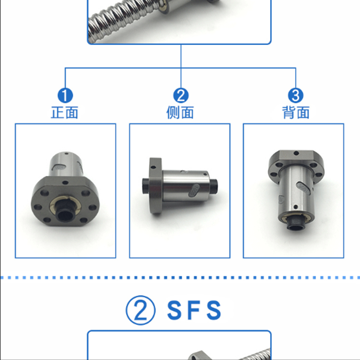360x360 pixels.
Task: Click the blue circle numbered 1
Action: [x=65, y=95]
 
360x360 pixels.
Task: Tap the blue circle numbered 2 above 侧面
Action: [x=181, y=95]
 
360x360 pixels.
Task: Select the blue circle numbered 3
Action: [x=296, y=95]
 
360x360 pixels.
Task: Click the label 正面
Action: [x=64, y=112]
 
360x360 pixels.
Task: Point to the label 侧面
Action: [x=180, y=112]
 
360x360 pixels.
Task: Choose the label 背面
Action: [x=296, y=112]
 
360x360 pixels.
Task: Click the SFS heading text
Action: [x=194, y=310]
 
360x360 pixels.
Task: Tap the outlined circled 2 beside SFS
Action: [x=140, y=310]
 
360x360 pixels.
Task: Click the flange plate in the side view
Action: [x=155, y=185]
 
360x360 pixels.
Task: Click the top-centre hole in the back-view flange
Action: [x=296, y=153]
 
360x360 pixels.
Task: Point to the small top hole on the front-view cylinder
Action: [x=66, y=153]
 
